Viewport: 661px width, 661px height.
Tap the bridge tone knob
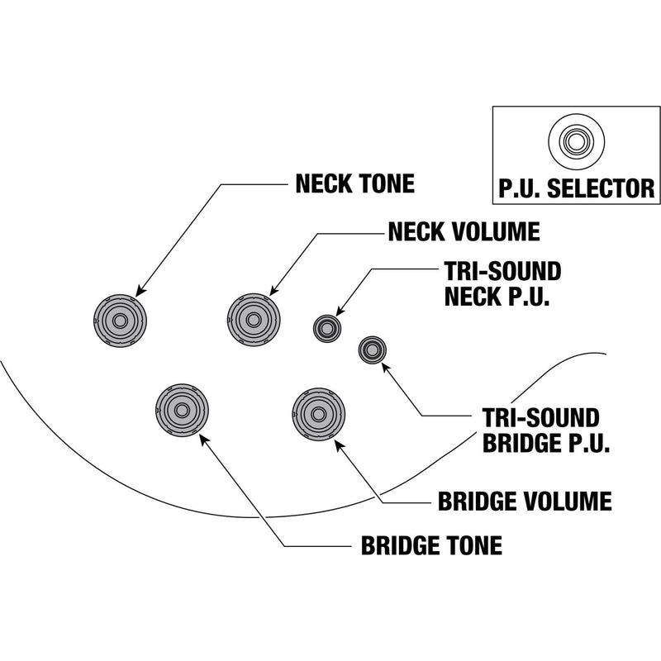pos(182,408)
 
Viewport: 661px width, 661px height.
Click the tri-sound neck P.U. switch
pos(326,328)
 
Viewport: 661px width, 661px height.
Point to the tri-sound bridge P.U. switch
pos(372,350)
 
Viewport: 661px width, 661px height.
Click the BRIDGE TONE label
pos(431,546)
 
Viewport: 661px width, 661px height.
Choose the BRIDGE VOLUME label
pos(524,501)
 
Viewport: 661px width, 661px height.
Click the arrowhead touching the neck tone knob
pos(139,291)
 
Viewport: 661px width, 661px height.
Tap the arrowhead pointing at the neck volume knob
pos(273,291)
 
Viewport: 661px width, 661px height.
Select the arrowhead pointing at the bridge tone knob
pos(203,439)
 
